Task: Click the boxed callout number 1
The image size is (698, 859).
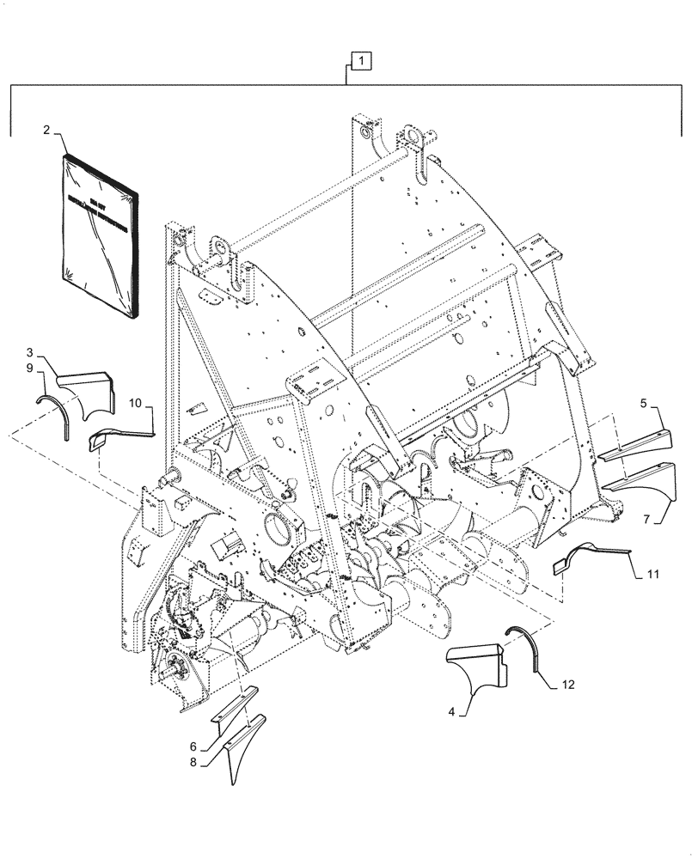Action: pos(361,61)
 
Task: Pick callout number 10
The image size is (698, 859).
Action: pos(136,402)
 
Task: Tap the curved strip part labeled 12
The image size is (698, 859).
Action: pos(524,649)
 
